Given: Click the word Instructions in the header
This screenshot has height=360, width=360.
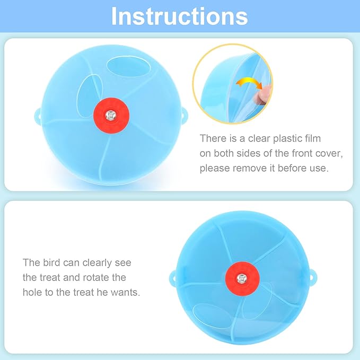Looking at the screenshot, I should tap(179, 16).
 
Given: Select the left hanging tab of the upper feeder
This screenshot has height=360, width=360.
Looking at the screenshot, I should tap(38, 113).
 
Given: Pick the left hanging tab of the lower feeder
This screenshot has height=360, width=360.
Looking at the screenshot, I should tap(173, 277).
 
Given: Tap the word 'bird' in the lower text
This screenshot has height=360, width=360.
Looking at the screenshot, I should tap(58, 262).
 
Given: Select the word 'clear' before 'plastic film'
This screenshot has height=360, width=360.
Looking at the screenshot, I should tap(254, 138).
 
